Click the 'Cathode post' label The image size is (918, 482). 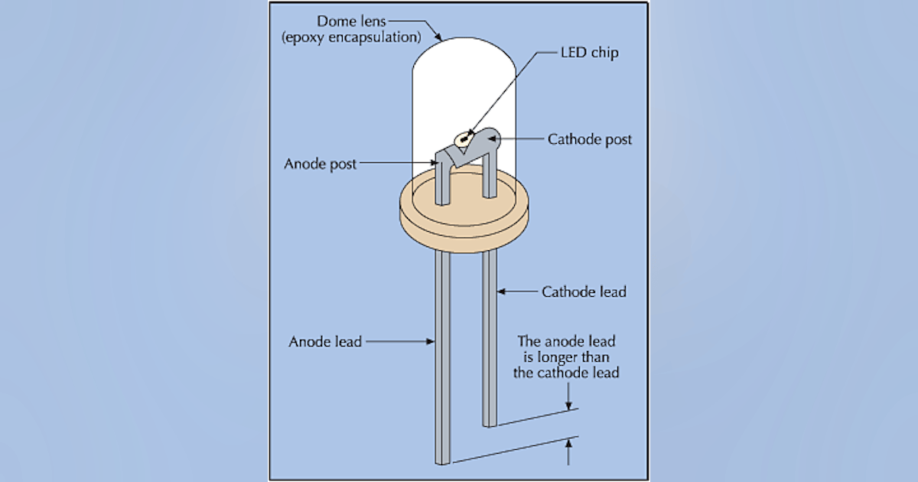590,139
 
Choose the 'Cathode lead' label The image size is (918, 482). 584,291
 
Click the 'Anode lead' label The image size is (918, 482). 324,341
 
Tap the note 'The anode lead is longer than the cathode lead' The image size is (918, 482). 568,357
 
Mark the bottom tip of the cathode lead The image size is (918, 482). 490,422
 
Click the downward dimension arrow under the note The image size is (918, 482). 568,403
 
